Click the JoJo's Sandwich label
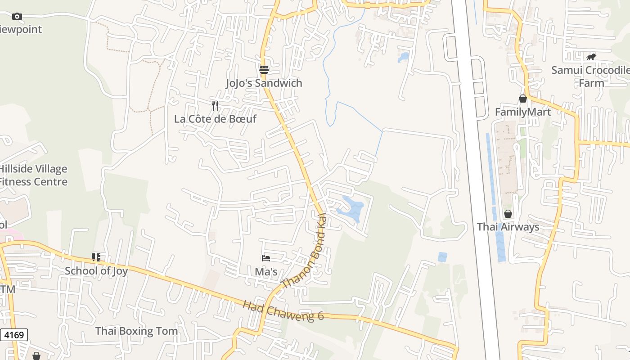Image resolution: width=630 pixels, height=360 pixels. point(264,83)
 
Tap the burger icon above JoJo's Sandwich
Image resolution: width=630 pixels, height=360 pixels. point(264,70)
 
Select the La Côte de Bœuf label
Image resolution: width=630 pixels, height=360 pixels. point(215,119)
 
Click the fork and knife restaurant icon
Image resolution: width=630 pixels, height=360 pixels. point(215,106)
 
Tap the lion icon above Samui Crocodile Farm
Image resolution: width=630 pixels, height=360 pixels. point(591,57)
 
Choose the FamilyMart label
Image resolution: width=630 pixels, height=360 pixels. point(523,112)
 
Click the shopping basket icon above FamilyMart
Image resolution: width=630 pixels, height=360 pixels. point(523,99)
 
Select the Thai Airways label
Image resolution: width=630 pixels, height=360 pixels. point(508,227)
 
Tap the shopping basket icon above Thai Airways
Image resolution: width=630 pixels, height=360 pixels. point(508,214)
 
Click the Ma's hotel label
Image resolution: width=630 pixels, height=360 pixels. point(266,272)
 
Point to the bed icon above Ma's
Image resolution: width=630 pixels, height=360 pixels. point(266,258)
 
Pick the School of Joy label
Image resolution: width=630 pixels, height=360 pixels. point(96,271)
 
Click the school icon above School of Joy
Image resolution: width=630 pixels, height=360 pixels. point(96,257)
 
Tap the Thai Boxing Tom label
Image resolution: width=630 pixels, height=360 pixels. point(136,331)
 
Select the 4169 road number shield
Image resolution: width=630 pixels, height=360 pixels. point(14,335)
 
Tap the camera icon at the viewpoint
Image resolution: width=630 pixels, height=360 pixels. point(17,17)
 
